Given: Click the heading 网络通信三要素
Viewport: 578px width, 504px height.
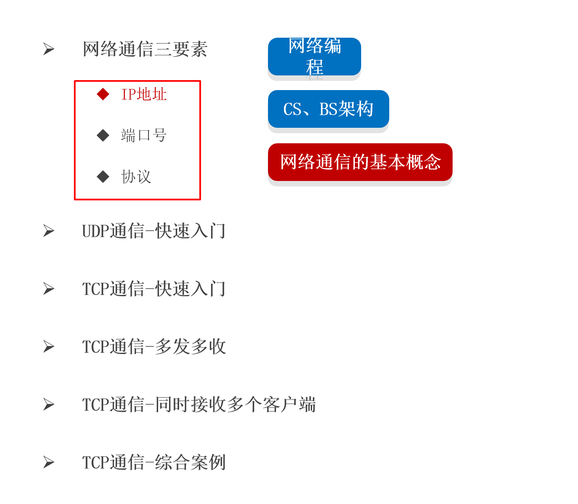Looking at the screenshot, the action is click(145, 49).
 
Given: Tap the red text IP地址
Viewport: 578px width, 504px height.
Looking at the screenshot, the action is click(144, 94).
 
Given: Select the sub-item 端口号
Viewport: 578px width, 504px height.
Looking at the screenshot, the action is click(144, 135).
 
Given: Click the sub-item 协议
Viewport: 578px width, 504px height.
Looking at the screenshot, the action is click(136, 177).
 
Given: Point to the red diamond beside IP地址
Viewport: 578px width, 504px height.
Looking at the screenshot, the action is click(103, 94).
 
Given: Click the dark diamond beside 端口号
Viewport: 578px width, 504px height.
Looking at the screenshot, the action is click(103, 135).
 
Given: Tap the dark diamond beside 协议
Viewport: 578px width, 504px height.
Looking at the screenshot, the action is click(103, 177).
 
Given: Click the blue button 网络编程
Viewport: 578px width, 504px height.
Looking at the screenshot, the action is click(315, 57).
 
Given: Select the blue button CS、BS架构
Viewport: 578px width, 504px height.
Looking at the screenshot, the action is click(328, 109).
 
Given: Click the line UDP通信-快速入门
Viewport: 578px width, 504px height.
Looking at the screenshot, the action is click(154, 231).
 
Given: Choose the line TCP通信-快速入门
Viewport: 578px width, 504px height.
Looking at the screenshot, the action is click(154, 289).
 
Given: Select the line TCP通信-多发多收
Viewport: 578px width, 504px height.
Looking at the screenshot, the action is click(154, 346).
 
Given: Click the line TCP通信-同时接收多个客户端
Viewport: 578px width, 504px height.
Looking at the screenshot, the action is click(199, 404).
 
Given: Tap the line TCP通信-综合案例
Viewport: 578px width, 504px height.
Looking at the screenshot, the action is click(154, 462).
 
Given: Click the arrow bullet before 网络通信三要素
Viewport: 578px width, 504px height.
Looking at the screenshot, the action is click(49, 49).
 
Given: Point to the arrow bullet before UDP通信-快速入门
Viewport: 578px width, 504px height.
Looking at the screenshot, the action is click(49, 231).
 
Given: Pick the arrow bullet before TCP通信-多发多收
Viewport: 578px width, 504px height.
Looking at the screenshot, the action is click(49, 346).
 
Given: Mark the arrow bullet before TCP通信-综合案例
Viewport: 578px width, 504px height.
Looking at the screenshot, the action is click(49, 462).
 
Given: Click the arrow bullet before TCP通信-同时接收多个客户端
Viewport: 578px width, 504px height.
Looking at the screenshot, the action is click(49, 404).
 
